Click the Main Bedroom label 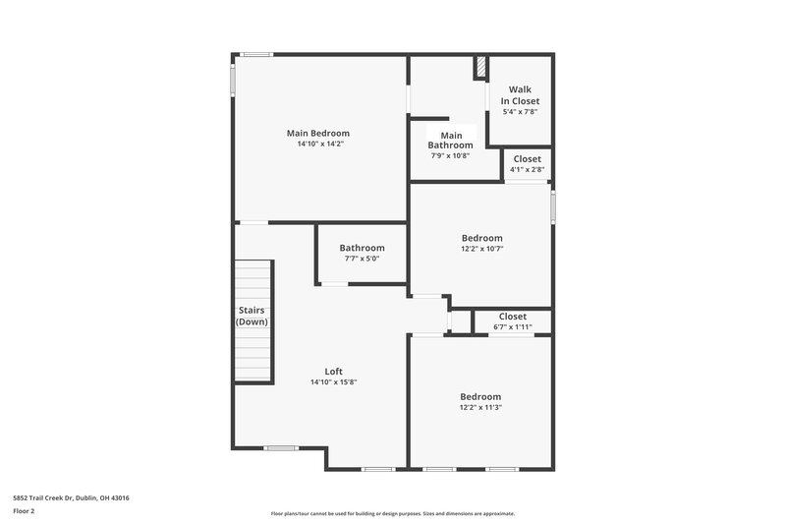(x=317, y=133)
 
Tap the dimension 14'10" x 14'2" (x=320, y=144)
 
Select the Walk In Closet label (x=520, y=95)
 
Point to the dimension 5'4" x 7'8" (x=520, y=112)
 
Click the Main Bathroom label (x=450, y=140)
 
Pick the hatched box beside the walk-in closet (x=480, y=67)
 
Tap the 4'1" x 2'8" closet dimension (x=528, y=169)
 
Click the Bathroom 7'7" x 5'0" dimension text (x=362, y=259)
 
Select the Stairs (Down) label (x=252, y=316)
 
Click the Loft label (x=333, y=371)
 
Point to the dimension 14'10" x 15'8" (x=333, y=382)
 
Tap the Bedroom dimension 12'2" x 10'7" (x=482, y=249)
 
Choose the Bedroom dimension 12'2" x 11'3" (x=480, y=408)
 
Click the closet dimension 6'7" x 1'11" (x=512, y=327)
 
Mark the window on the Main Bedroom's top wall (x=256, y=54)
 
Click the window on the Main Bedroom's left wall (x=233, y=80)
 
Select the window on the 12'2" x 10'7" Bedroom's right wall (x=553, y=206)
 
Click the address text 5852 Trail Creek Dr (x=43, y=497)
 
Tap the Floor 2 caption (x=24, y=511)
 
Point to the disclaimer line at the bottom (x=392, y=513)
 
